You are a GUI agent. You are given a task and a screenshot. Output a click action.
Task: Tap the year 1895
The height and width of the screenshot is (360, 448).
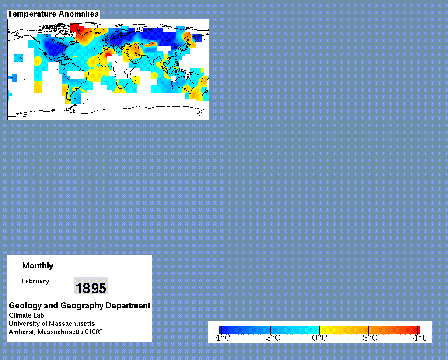(91, 288)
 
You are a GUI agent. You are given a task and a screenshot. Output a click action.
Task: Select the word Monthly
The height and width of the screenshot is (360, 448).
(38, 266)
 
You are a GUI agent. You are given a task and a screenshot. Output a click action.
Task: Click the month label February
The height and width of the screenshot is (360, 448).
(35, 281)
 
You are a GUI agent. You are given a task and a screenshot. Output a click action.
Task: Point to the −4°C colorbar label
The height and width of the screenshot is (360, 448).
(219, 338)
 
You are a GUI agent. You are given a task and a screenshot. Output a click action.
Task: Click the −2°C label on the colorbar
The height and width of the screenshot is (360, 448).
(269, 338)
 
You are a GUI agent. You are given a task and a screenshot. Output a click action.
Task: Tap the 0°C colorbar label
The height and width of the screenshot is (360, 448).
(319, 338)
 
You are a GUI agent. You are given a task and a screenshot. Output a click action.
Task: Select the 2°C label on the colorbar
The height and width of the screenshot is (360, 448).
(370, 338)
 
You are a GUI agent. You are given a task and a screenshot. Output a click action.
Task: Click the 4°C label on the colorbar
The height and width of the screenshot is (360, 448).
(420, 338)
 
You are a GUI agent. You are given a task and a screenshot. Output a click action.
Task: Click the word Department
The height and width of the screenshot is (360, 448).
(128, 306)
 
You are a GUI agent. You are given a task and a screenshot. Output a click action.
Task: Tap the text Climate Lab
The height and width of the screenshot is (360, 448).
(26, 315)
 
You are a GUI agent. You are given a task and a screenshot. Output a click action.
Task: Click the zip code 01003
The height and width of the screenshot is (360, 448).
(94, 332)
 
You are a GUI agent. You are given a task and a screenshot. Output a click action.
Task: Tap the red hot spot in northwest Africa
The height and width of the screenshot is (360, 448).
(109, 54)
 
